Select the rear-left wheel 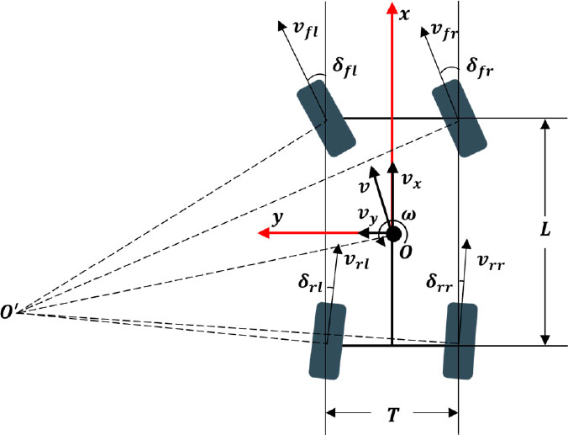point(327,341)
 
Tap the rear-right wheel point(459,341)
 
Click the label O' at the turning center point(11,313)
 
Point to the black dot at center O point(392,232)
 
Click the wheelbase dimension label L point(544,230)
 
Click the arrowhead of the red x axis point(392,8)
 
